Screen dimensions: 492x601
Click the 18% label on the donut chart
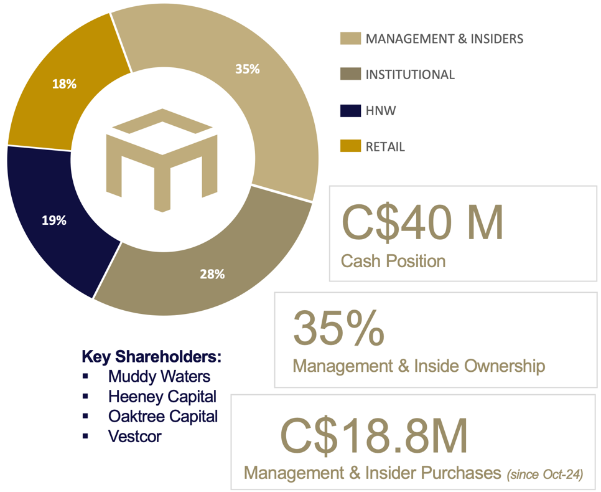tap(65, 84)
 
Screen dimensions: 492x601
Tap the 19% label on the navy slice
tap(55, 220)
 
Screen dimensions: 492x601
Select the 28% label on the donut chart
tap(212, 273)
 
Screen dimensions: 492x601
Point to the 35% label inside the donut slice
tap(247, 69)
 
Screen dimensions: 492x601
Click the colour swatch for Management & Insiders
tap(350, 39)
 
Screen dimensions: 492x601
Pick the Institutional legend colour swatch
tap(350, 75)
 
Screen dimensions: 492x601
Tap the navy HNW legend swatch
tap(350, 111)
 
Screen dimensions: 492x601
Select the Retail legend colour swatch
tap(350, 147)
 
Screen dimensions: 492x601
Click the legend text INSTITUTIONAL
tap(410, 75)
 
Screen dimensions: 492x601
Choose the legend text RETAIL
tap(385, 147)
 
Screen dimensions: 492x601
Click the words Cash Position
tap(393, 260)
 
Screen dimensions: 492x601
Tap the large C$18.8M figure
tap(373, 437)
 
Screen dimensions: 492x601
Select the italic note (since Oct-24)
tap(545, 475)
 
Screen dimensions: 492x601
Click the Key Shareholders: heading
tap(152, 357)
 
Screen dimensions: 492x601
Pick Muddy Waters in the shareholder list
tap(159, 376)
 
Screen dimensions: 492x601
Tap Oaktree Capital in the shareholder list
tap(162, 416)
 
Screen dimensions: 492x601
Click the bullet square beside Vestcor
tap(85, 436)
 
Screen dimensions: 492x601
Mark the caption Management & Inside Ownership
tap(419, 366)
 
